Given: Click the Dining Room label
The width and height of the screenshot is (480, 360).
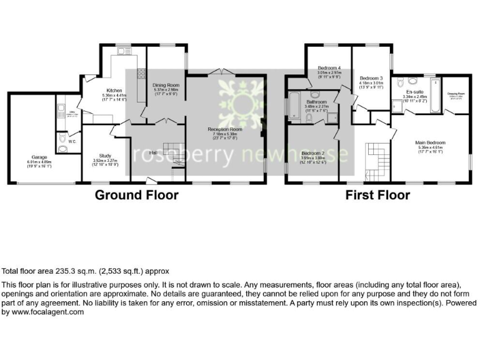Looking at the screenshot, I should (166, 85).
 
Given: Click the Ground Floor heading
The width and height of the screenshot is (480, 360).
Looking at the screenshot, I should (136, 195).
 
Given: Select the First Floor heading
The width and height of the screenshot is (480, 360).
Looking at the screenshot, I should (377, 195).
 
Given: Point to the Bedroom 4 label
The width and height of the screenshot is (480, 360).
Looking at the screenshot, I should (329, 67).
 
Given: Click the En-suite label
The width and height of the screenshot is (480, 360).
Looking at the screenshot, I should (415, 91).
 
